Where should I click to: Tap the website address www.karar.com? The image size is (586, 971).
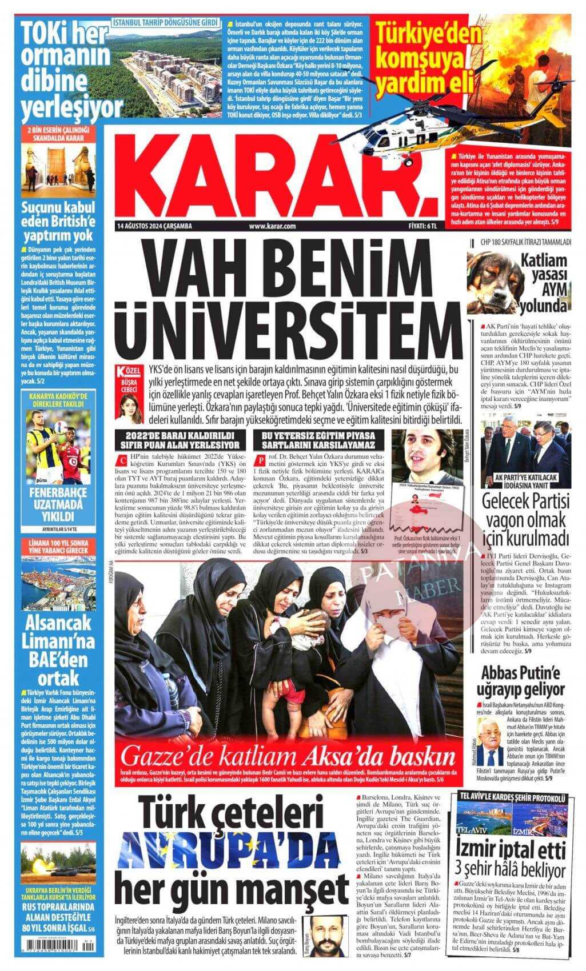(272, 227)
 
